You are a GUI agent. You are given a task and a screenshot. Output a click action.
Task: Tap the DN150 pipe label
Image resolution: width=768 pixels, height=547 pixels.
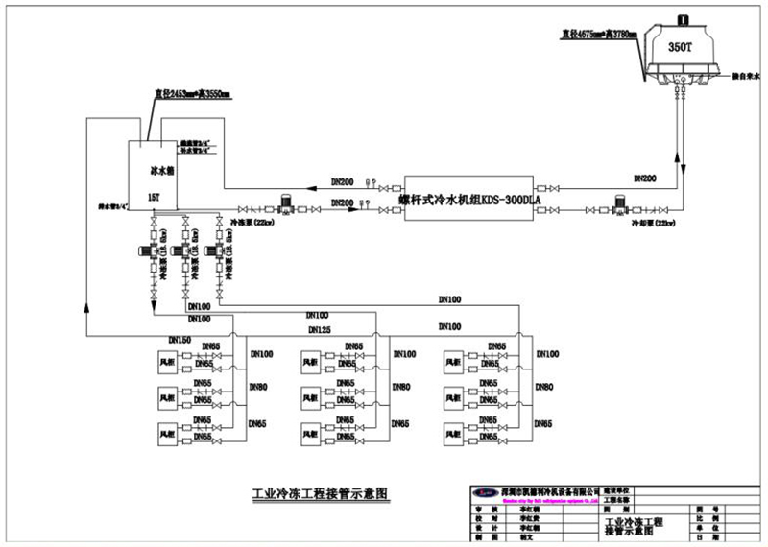pyautogui.click(x=180, y=339)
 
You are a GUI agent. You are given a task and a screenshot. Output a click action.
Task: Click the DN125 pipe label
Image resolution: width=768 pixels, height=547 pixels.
pyautogui.click(x=321, y=329)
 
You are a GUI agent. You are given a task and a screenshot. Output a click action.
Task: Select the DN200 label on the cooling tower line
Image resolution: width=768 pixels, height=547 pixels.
pyautogui.click(x=646, y=178)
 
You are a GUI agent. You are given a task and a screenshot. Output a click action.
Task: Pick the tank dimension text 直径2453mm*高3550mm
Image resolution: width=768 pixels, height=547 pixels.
pyautogui.click(x=192, y=94)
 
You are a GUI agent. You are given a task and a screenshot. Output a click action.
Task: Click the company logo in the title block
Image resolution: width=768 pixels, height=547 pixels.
pyautogui.click(x=483, y=491)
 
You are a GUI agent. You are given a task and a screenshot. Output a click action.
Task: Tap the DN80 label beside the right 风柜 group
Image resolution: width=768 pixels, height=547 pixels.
pyautogui.click(x=542, y=387)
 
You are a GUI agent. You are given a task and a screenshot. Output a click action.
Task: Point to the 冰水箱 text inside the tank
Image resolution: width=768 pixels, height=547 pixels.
pyautogui.click(x=161, y=170)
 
